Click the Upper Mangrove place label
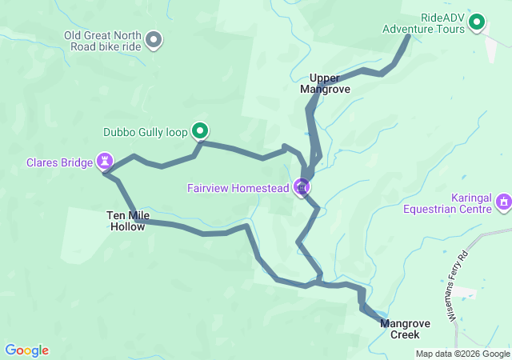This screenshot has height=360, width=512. pos(325,84)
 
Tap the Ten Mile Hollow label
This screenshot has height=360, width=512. pos(126,221)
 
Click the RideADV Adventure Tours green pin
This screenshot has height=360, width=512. pos(477,22)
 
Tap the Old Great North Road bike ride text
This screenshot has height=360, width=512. pos(103,40)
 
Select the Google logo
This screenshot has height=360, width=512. pos(26,350)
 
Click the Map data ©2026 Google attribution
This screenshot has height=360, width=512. pos(462,354)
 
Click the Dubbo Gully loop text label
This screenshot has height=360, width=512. pos(145,133)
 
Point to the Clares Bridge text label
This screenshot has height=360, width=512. pos(59,162)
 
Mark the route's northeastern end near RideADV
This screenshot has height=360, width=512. pos(408,36)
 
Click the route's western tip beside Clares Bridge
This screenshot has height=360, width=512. pos(105,173)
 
